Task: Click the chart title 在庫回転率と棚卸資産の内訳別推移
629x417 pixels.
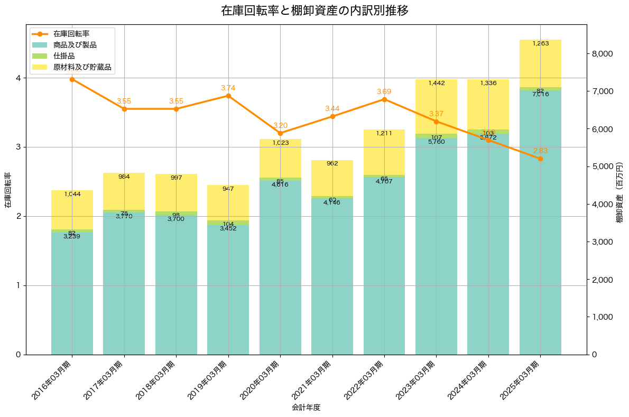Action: coord(314,11)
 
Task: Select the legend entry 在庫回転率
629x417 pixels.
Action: coord(71,34)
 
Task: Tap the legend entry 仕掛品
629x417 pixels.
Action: coord(64,56)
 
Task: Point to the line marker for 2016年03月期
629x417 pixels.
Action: coord(72,79)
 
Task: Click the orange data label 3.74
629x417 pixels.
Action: coord(228,88)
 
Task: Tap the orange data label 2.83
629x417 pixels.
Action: coord(540,151)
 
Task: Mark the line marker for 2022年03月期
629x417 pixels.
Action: coord(384,99)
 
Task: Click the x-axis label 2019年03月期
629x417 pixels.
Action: coord(210,379)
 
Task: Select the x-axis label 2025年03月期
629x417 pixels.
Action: coord(522,379)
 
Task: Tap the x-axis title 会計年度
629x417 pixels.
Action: coord(306,407)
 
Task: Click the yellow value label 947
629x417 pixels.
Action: coord(228,189)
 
